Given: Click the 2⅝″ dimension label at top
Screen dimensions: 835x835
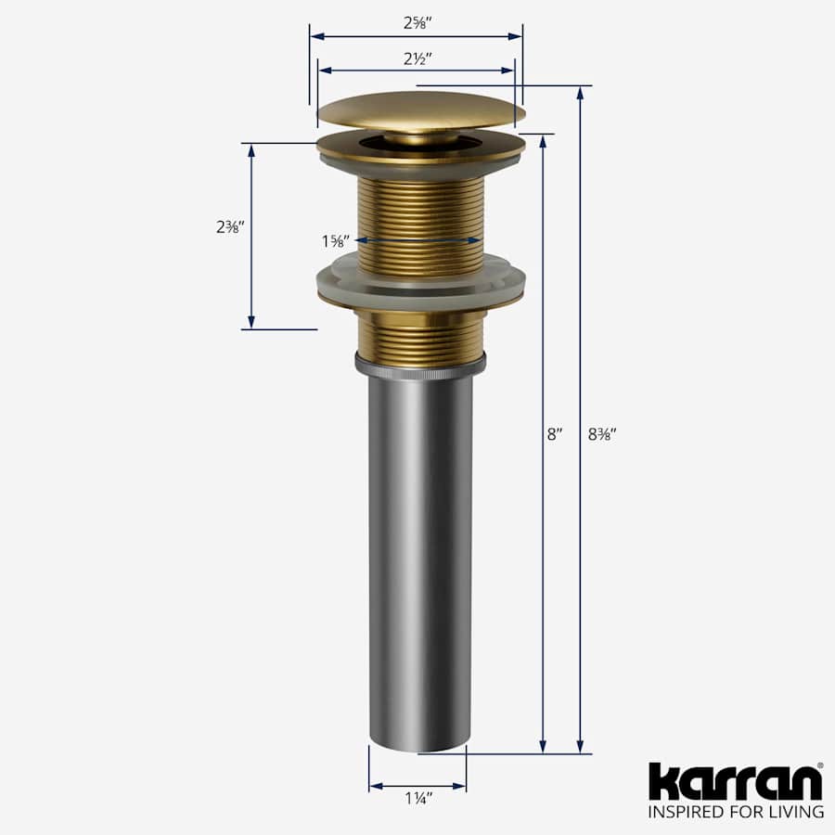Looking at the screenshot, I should click(416, 22).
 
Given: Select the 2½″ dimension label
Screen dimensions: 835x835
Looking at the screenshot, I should click(416, 58).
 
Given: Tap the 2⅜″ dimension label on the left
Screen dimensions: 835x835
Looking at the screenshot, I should click(228, 226).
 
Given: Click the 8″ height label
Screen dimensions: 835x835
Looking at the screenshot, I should click(555, 433).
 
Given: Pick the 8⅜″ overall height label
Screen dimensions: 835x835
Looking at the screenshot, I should click(604, 433).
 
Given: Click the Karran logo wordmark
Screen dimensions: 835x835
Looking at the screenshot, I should click(735, 782).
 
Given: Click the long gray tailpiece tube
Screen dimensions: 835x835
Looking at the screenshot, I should click(420, 557).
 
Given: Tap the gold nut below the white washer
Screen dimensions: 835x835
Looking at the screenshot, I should click(420, 336).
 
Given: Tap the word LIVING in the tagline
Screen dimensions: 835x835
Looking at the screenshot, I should click(796, 813).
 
